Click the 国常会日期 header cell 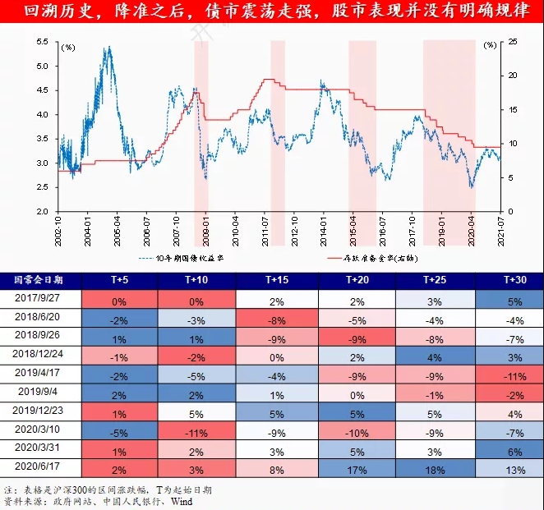click(41, 280)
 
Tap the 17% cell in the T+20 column click(356, 469)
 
